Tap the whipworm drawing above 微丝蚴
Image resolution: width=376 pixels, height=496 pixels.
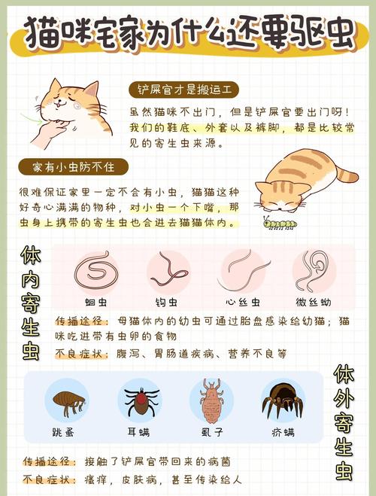click(x=313, y=271)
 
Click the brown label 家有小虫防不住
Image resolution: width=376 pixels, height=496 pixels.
click(x=74, y=166)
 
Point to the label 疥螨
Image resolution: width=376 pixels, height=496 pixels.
click(x=282, y=433)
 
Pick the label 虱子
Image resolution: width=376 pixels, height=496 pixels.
click(x=211, y=433)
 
